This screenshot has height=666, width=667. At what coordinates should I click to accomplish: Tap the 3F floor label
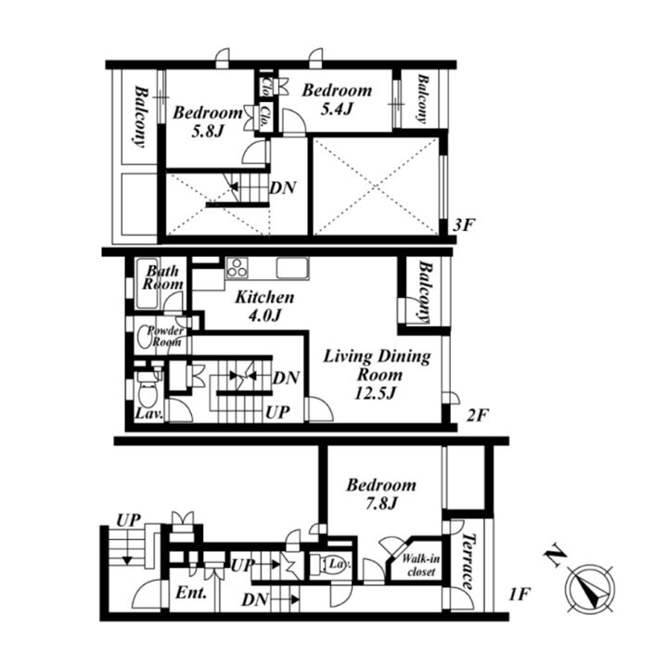click(x=463, y=225)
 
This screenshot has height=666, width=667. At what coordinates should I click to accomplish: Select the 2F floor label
click(x=477, y=415)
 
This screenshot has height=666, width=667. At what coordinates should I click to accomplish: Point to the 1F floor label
click(x=519, y=594)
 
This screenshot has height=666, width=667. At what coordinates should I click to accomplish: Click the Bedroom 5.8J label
click(x=208, y=122)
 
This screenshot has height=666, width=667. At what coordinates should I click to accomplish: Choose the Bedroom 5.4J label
click(x=337, y=99)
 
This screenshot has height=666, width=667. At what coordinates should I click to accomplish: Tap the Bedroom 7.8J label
click(x=381, y=493)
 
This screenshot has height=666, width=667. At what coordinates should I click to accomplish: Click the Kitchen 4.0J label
click(x=264, y=306)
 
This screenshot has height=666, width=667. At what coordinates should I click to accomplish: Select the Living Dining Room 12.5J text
click(x=377, y=374)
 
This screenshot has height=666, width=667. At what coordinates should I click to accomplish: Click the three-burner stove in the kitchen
click(x=237, y=268)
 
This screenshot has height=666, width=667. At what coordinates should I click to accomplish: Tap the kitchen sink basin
click(x=292, y=268)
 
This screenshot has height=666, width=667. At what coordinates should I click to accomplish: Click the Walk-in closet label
click(x=421, y=565)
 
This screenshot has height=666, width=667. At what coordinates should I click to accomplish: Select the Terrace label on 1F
click(x=468, y=560)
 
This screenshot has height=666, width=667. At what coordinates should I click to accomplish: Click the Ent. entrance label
click(x=191, y=593)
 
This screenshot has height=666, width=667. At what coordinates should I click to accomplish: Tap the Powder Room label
click(x=165, y=336)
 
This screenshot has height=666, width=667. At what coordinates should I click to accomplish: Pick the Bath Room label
click(x=162, y=277)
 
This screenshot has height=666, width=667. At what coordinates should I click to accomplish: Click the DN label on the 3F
click(x=283, y=187)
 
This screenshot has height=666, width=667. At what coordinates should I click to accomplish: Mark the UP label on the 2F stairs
click(x=277, y=412)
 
